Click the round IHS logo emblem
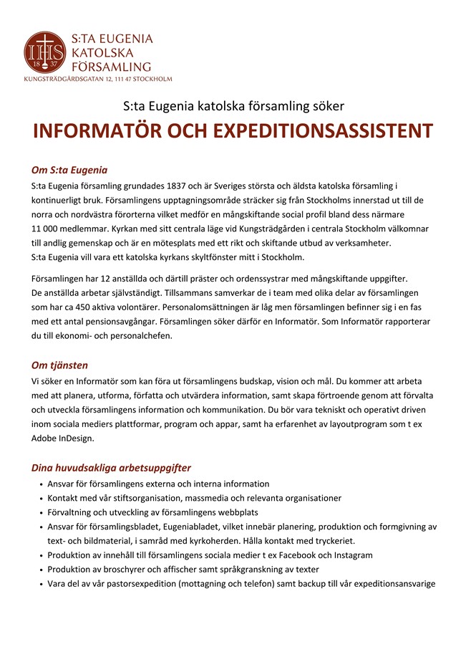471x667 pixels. point(45,52)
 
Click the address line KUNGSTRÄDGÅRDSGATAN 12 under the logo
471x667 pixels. point(98,78)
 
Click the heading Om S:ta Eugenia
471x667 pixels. point(69,171)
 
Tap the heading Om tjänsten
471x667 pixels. point(59,365)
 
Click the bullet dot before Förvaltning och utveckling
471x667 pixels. point(41,512)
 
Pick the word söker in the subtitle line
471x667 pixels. point(329,106)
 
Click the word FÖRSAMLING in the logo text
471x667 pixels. point(111,67)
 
